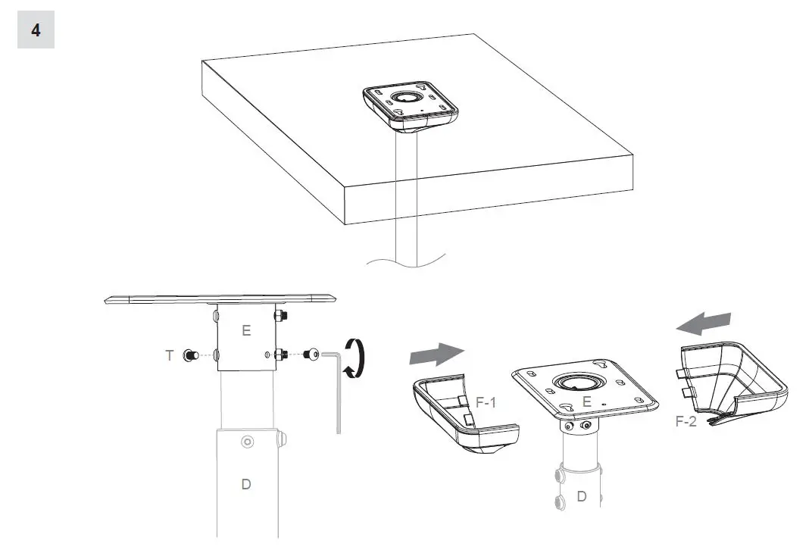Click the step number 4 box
[36, 31]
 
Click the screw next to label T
[189, 354]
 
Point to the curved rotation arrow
[354, 358]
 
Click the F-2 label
[687, 421]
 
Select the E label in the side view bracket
[246, 331]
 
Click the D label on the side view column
[246, 484]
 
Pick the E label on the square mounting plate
[586, 402]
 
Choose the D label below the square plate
[582, 497]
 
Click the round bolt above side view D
[246, 442]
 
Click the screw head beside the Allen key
[311, 354]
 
